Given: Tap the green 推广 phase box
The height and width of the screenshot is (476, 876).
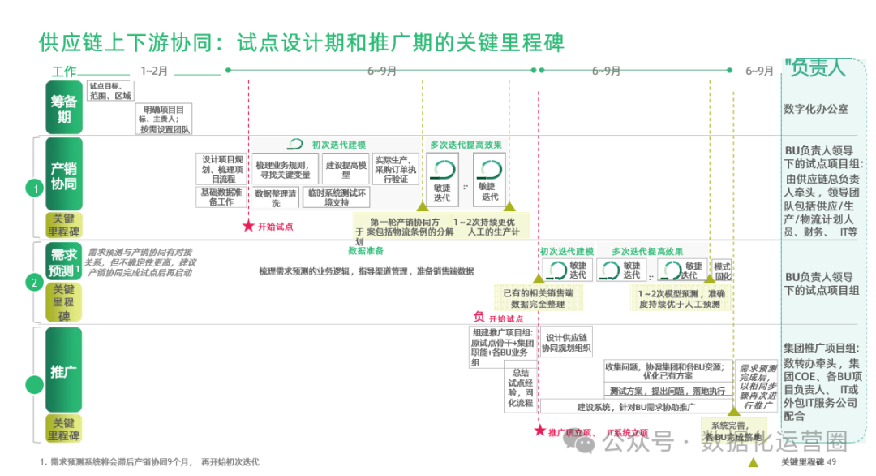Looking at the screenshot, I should (x=63, y=370).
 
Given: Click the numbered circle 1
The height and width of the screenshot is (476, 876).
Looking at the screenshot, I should (x=34, y=188).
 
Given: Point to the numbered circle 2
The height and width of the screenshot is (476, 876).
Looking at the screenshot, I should (x=34, y=283).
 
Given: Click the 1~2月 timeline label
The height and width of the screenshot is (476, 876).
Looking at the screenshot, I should (x=154, y=71).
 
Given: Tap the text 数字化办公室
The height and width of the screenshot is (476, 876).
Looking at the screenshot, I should (x=816, y=108).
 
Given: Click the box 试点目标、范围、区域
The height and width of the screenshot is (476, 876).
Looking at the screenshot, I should (x=109, y=90).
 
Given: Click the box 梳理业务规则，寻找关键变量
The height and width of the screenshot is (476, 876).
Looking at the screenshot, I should (x=283, y=170).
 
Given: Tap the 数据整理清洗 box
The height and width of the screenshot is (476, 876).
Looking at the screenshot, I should (x=274, y=197).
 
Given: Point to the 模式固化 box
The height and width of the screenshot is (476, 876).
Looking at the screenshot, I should (x=721, y=271).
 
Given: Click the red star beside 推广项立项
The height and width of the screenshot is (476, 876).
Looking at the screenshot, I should (x=539, y=431).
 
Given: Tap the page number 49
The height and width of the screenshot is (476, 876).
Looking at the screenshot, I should (x=831, y=462).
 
